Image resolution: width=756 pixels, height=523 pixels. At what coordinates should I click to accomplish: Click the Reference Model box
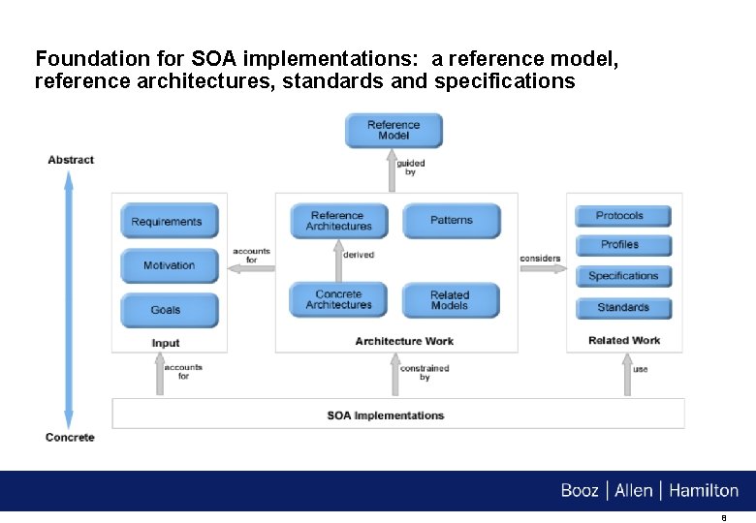[x=394, y=131]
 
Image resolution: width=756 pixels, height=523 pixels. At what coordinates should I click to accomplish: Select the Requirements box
[x=167, y=222]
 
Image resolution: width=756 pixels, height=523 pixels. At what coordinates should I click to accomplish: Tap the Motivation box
[x=169, y=265]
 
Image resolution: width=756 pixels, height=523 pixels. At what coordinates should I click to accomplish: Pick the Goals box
[x=166, y=310]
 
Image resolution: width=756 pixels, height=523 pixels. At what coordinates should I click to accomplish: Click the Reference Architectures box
[x=338, y=221]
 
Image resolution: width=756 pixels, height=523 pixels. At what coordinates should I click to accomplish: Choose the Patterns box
[x=451, y=221]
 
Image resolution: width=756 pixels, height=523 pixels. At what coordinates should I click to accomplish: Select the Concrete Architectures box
[x=338, y=300]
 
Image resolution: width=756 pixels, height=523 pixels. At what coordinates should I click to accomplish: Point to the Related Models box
[x=450, y=300]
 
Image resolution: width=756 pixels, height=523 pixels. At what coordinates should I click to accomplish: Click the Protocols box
[x=620, y=216]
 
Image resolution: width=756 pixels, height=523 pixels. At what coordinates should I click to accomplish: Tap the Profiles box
[x=620, y=245]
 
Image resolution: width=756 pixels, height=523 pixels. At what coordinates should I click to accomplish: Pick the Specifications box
[x=622, y=276]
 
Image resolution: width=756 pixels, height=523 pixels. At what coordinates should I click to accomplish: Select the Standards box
[x=622, y=308]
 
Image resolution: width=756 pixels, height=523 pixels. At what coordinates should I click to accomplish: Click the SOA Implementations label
[x=386, y=415]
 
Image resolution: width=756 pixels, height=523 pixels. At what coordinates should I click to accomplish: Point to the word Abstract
[x=71, y=160]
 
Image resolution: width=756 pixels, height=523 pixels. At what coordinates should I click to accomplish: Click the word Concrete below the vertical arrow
[x=70, y=438]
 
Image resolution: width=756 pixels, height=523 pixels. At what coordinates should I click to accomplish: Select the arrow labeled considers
[x=543, y=269]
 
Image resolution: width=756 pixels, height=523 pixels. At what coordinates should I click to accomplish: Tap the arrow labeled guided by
[x=394, y=170]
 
